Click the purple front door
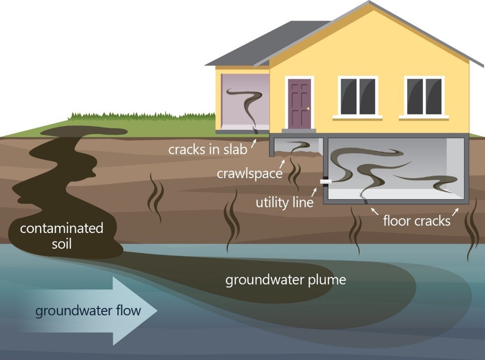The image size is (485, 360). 300,103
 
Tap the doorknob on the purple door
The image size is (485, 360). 308,109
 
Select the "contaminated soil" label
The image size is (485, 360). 61,235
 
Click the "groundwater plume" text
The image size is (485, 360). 285,279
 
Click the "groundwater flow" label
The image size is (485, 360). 88,311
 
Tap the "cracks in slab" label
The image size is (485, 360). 207,149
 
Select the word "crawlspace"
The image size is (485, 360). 249,173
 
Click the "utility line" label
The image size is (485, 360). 285,202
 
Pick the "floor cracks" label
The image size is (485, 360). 417,221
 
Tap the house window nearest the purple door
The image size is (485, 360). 357,97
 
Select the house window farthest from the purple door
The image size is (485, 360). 424,97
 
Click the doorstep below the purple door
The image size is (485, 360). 299,130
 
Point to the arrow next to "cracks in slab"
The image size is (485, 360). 253,142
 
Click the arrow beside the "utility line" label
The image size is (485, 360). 314,191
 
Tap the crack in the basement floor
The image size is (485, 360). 363,197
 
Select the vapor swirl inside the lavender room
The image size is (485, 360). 245,103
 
